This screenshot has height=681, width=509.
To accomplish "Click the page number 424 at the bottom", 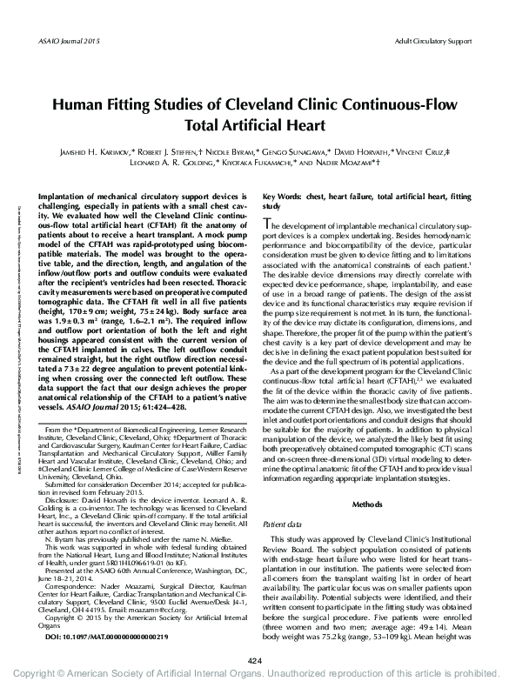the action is [x=254, y=661].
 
